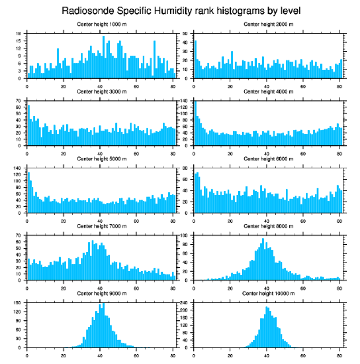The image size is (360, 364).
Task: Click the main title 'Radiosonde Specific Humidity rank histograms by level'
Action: [181, 11]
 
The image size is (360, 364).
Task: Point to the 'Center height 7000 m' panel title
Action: [101, 226]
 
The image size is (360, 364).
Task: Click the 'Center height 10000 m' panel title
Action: [268, 293]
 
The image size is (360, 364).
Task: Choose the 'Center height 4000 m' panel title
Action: [268, 91]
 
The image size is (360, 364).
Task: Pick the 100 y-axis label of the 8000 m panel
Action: [185, 235]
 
